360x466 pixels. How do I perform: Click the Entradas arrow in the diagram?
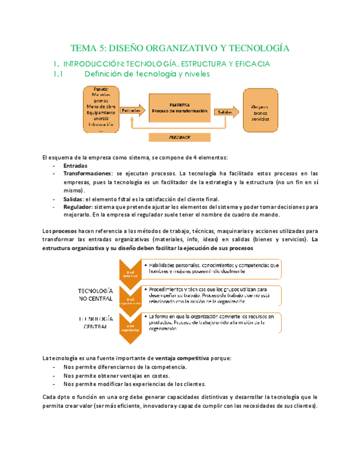click(131, 111)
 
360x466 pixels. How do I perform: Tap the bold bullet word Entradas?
click(75, 166)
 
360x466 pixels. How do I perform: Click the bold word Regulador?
click(77, 207)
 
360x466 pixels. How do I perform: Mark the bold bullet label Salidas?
click(73, 199)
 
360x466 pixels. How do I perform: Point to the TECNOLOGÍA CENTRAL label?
click(96, 322)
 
